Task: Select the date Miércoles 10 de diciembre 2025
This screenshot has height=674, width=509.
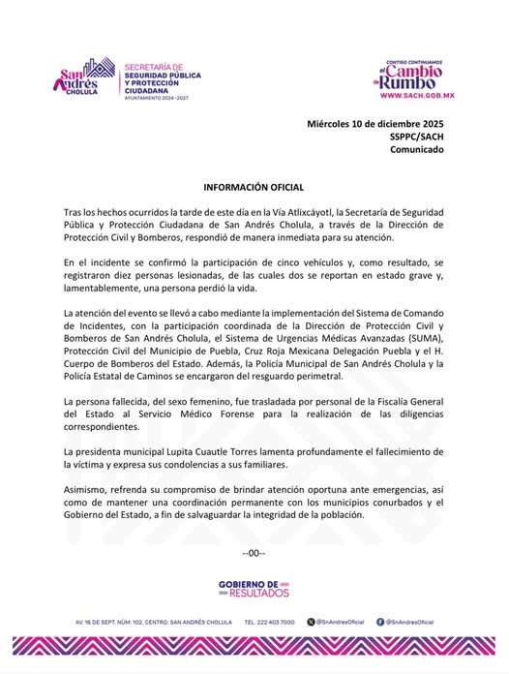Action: tap(374, 125)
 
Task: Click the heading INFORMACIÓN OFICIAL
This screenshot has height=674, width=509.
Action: tap(254, 186)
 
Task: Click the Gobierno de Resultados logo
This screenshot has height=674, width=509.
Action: tap(254, 588)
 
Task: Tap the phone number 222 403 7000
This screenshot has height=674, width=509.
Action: tap(270, 622)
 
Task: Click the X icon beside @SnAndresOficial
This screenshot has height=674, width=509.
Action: tap(310, 622)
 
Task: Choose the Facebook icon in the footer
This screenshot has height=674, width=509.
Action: tap(380, 622)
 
